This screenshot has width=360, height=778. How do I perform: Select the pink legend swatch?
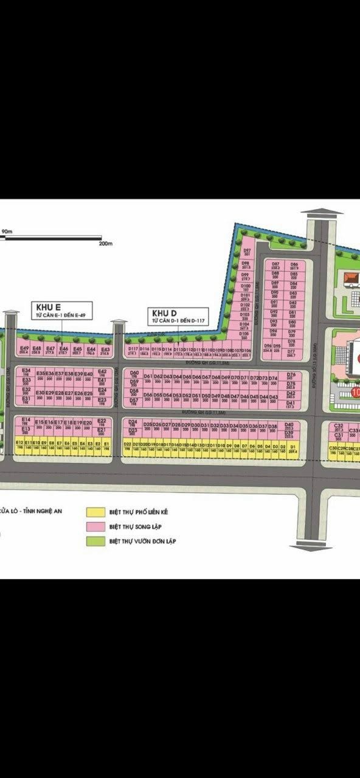(95, 526)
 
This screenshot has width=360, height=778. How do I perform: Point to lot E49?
(24, 350)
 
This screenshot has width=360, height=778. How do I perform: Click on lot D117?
(133, 351)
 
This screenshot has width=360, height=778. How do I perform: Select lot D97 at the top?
(247, 252)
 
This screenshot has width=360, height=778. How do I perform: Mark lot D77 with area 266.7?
(291, 353)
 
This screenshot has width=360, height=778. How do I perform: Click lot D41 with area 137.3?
(290, 404)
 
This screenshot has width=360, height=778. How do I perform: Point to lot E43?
(105, 351)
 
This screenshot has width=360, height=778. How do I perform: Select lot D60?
(134, 374)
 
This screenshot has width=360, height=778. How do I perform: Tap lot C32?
(339, 427)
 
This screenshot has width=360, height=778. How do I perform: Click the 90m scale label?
(8, 231)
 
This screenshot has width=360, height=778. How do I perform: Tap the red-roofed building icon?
(351, 278)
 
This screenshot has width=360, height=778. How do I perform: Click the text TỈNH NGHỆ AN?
(45, 512)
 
